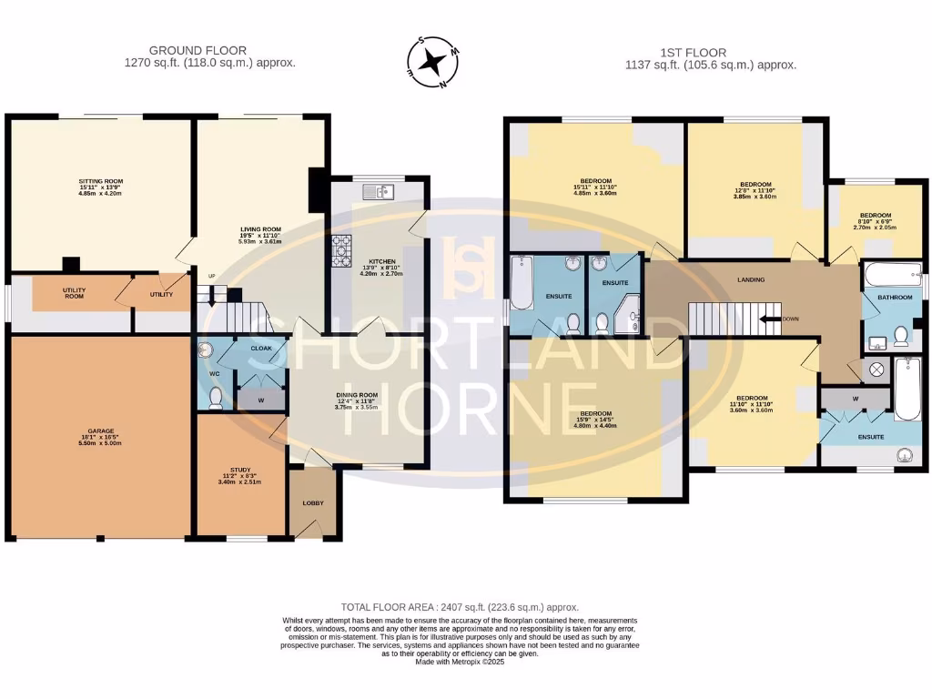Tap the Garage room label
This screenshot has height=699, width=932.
tap(99, 437)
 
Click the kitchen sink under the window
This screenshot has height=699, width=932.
tap(376, 191)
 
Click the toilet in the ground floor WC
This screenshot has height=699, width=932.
tap(216, 397)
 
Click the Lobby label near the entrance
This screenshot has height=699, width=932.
tap(313, 503)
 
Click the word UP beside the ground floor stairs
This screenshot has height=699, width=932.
tap(212, 277)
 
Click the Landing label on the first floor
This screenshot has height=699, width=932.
tap(751, 279)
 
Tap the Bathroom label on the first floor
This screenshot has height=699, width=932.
tap(888, 298)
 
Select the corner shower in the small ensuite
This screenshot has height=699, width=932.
tap(628, 319)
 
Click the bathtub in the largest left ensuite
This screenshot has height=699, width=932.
tap(522, 282)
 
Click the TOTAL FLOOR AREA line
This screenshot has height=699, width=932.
tap(460, 606)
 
